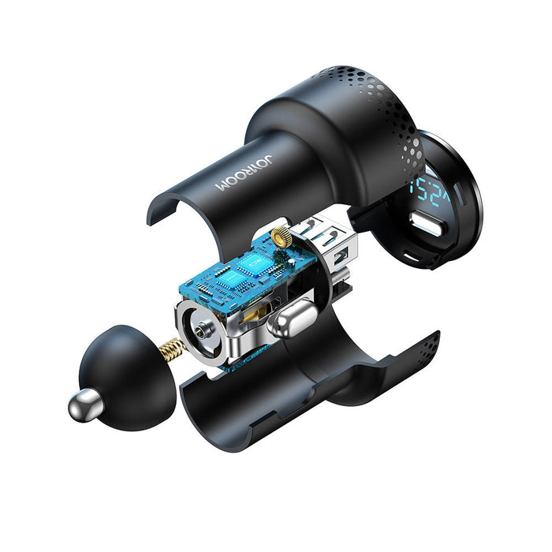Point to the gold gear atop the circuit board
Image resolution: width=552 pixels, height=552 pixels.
(x=279, y=234)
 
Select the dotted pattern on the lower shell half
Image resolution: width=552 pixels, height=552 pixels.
(x=422, y=347)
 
